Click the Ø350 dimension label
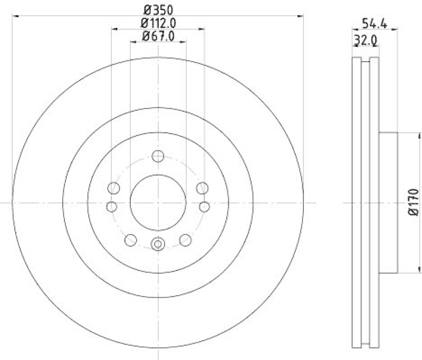click(158, 9)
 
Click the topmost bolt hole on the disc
click(158, 156)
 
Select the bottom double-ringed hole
click(158, 244)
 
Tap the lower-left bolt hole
click(130, 240)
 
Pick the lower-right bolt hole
click(185, 240)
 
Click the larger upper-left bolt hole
click(113, 188)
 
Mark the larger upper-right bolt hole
click(202, 188)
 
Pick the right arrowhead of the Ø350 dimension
click(302, 16)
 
